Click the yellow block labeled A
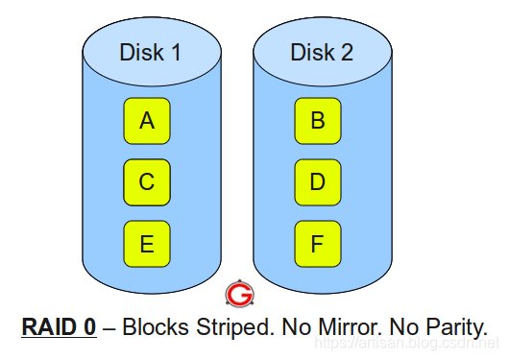tap(147, 121)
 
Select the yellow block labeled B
tap(318, 121)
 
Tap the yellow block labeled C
tap(147, 182)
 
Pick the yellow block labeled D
tap(318, 182)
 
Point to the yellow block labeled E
tap(147, 244)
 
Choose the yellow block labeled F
tap(318, 244)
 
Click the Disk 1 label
tap(150, 53)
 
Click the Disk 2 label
tap(321, 53)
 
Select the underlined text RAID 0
tap(59, 326)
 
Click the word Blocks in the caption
tap(156, 326)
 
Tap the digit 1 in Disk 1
tap(176, 53)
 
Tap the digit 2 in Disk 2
tap(347, 53)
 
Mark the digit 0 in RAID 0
tap(89, 326)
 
